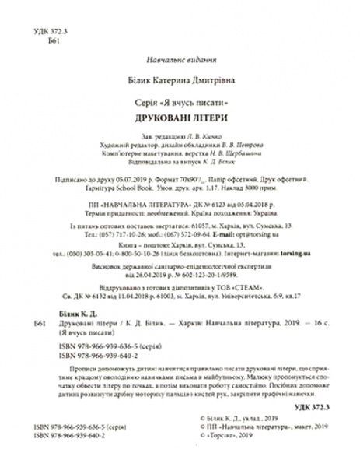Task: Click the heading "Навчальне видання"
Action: coord(179,61)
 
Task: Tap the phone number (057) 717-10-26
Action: coord(121,233)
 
